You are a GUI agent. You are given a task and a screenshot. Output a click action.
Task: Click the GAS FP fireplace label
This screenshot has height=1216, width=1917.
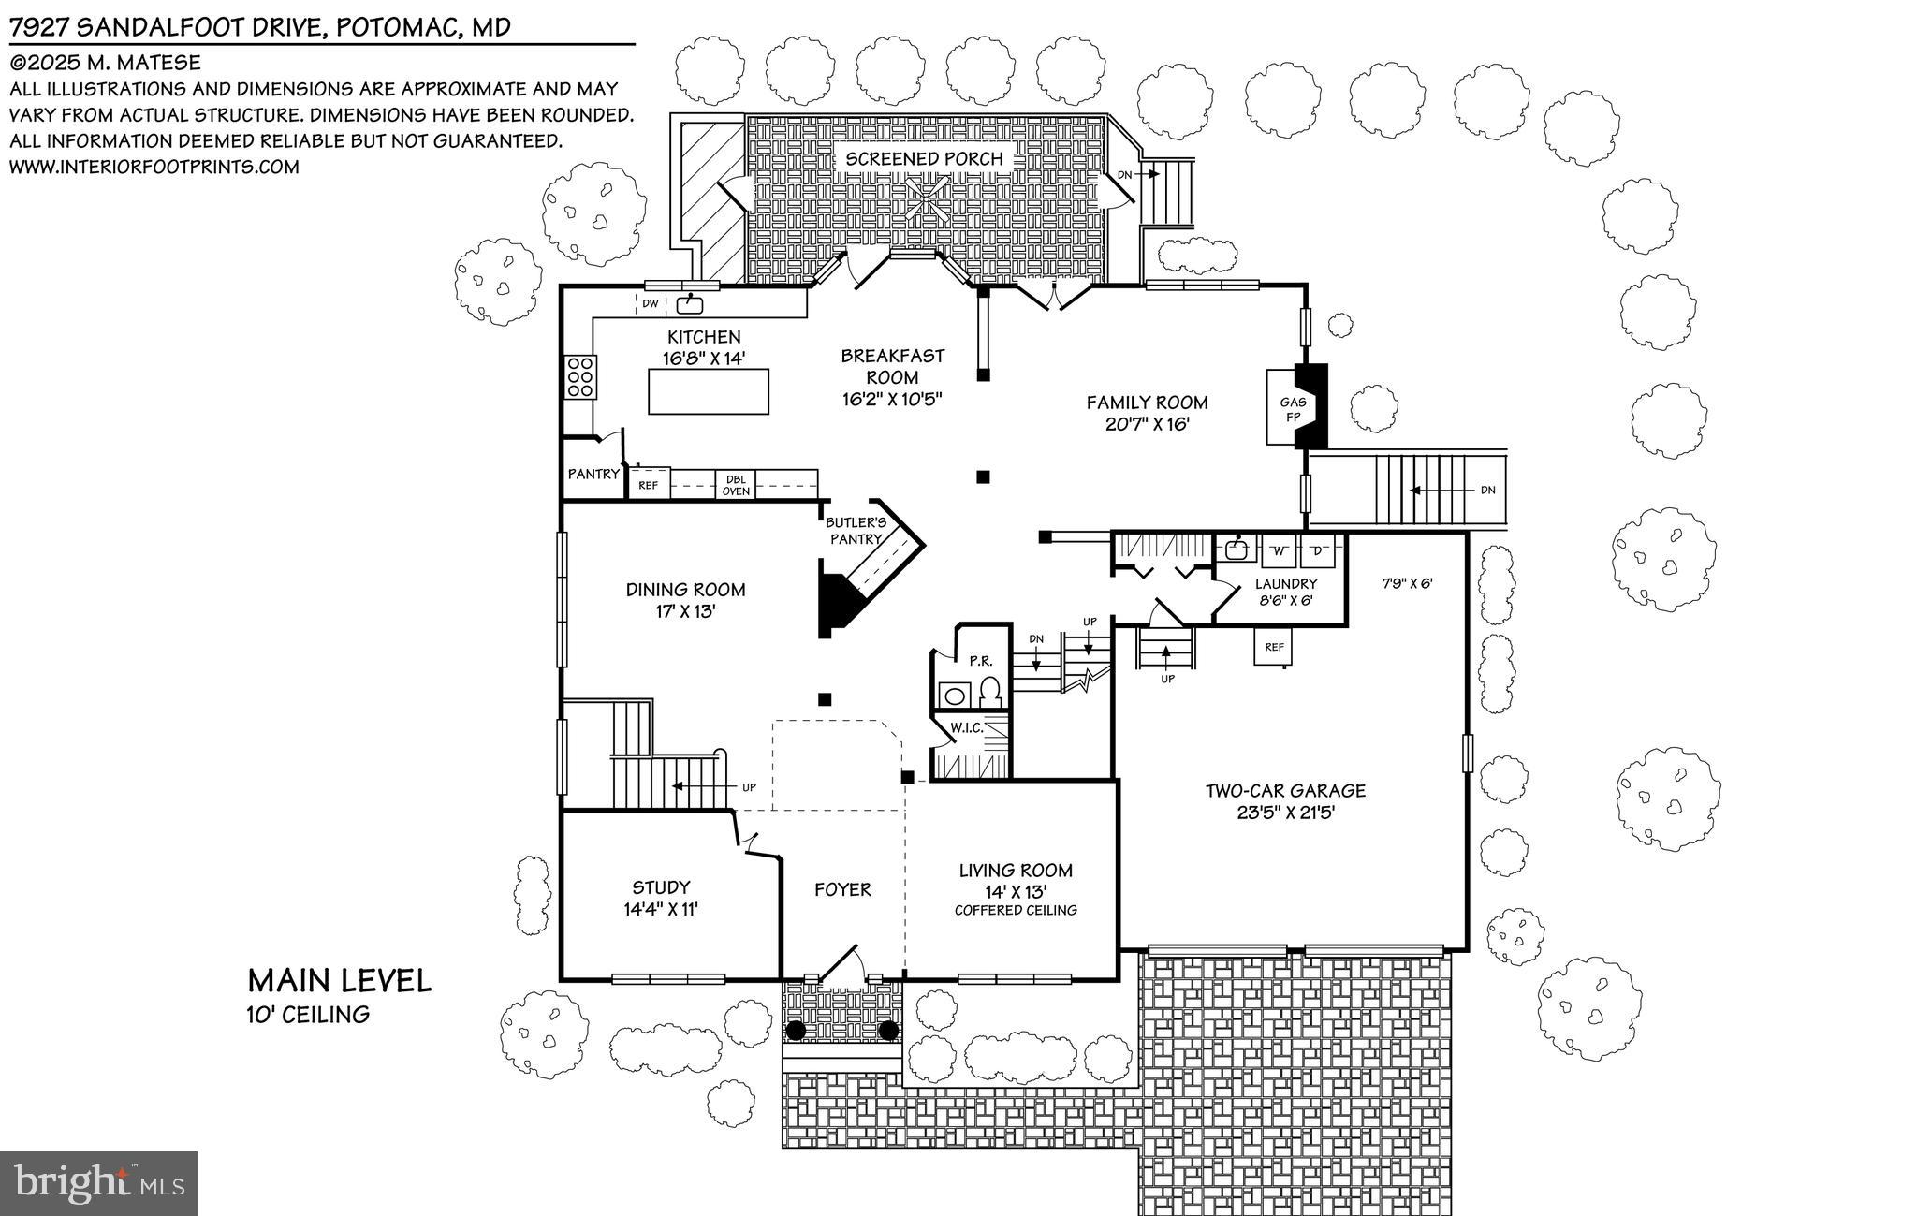(x=1293, y=409)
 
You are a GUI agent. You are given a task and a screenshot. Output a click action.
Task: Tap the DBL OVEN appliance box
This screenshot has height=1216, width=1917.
(x=736, y=485)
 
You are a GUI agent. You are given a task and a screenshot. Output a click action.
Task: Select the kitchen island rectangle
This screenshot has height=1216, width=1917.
(x=709, y=391)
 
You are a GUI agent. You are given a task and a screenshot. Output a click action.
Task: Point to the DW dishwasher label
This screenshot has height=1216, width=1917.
(x=650, y=303)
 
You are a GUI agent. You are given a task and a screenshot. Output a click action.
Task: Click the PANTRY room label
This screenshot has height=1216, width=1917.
(x=593, y=475)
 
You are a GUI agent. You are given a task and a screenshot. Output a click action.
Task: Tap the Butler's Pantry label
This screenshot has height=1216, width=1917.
(x=855, y=531)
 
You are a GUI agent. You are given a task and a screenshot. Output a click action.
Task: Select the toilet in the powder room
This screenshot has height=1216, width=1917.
(x=990, y=693)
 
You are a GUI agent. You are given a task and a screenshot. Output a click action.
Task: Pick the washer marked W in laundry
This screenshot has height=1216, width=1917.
(x=1277, y=551)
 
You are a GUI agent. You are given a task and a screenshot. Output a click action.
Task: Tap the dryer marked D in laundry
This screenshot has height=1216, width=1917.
(x=1316, y=551)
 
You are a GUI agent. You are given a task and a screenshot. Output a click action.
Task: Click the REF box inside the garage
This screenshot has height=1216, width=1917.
(x=1274, y=647)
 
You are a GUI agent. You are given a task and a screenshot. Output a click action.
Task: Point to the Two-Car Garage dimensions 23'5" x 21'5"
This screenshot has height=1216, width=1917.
(x=1285, y=813)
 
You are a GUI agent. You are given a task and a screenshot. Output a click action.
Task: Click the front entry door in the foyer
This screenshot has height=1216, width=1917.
(x=841, y=964)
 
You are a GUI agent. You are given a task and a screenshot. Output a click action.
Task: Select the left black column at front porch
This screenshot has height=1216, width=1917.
(x=795, y=1031)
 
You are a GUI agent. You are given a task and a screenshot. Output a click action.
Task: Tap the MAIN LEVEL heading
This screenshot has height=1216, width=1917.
(x=339, y=981)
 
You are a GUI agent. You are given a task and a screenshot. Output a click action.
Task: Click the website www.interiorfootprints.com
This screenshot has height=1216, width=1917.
(x=154, y=168)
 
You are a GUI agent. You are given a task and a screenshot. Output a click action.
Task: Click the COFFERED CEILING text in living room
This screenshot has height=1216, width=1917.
(x=1015, y=910)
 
